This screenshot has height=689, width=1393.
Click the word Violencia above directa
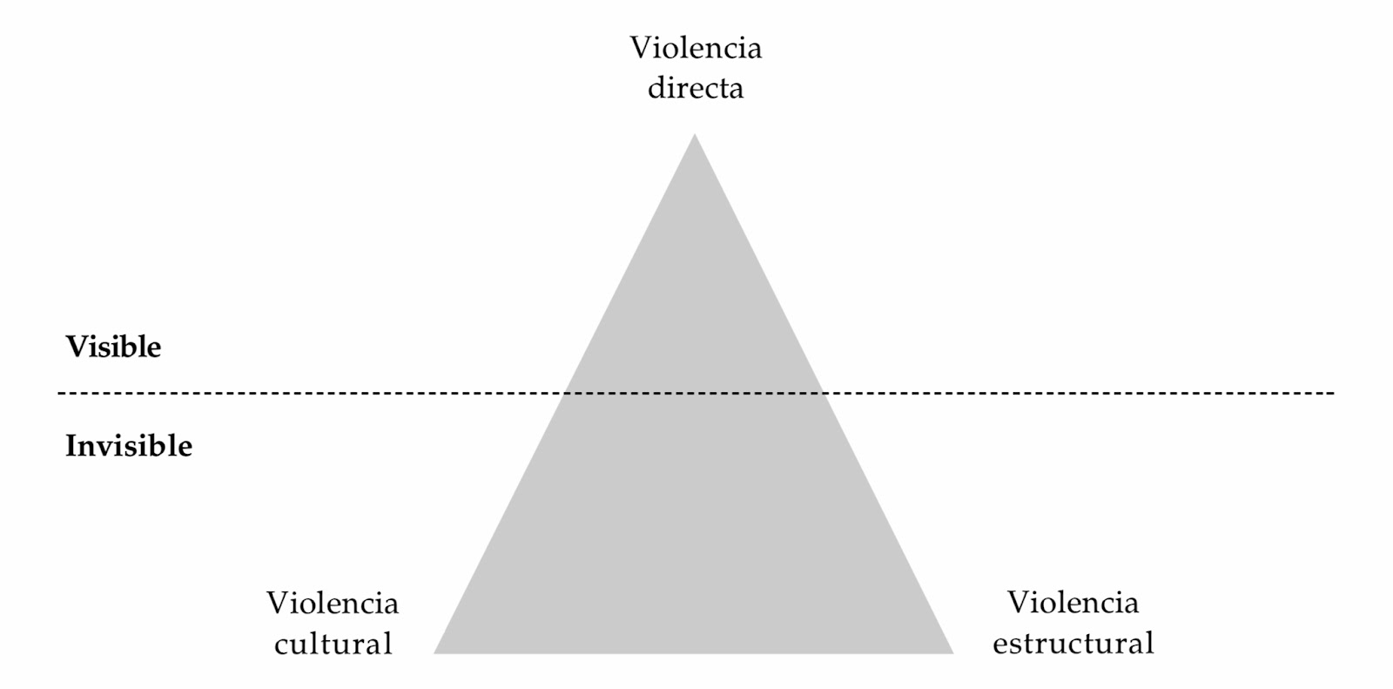tap(696, 47)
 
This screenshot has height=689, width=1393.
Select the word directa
tap(696, 88)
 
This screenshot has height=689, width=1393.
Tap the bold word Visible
tap(113, 347)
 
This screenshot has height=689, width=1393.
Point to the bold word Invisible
tap(129, 446)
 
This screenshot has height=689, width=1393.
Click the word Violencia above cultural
tap(333, 603)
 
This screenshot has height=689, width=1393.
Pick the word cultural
tap(333, 644)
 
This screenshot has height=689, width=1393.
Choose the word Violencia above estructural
tap(1073, 602)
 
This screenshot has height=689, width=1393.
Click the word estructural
tap(1073, 644)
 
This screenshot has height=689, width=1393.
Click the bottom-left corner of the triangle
tap(434, 652)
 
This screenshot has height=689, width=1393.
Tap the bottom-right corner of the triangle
tap(953, 652)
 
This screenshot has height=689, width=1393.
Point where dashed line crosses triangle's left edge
tap(565, 394)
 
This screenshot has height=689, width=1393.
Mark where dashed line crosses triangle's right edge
tap(824, 394)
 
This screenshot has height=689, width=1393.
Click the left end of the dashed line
tap(59, 394)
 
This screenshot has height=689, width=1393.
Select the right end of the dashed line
tap(1333, 394)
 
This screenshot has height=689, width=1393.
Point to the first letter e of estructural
tap(999, 645)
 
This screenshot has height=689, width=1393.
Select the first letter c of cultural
tap(281, 645)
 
